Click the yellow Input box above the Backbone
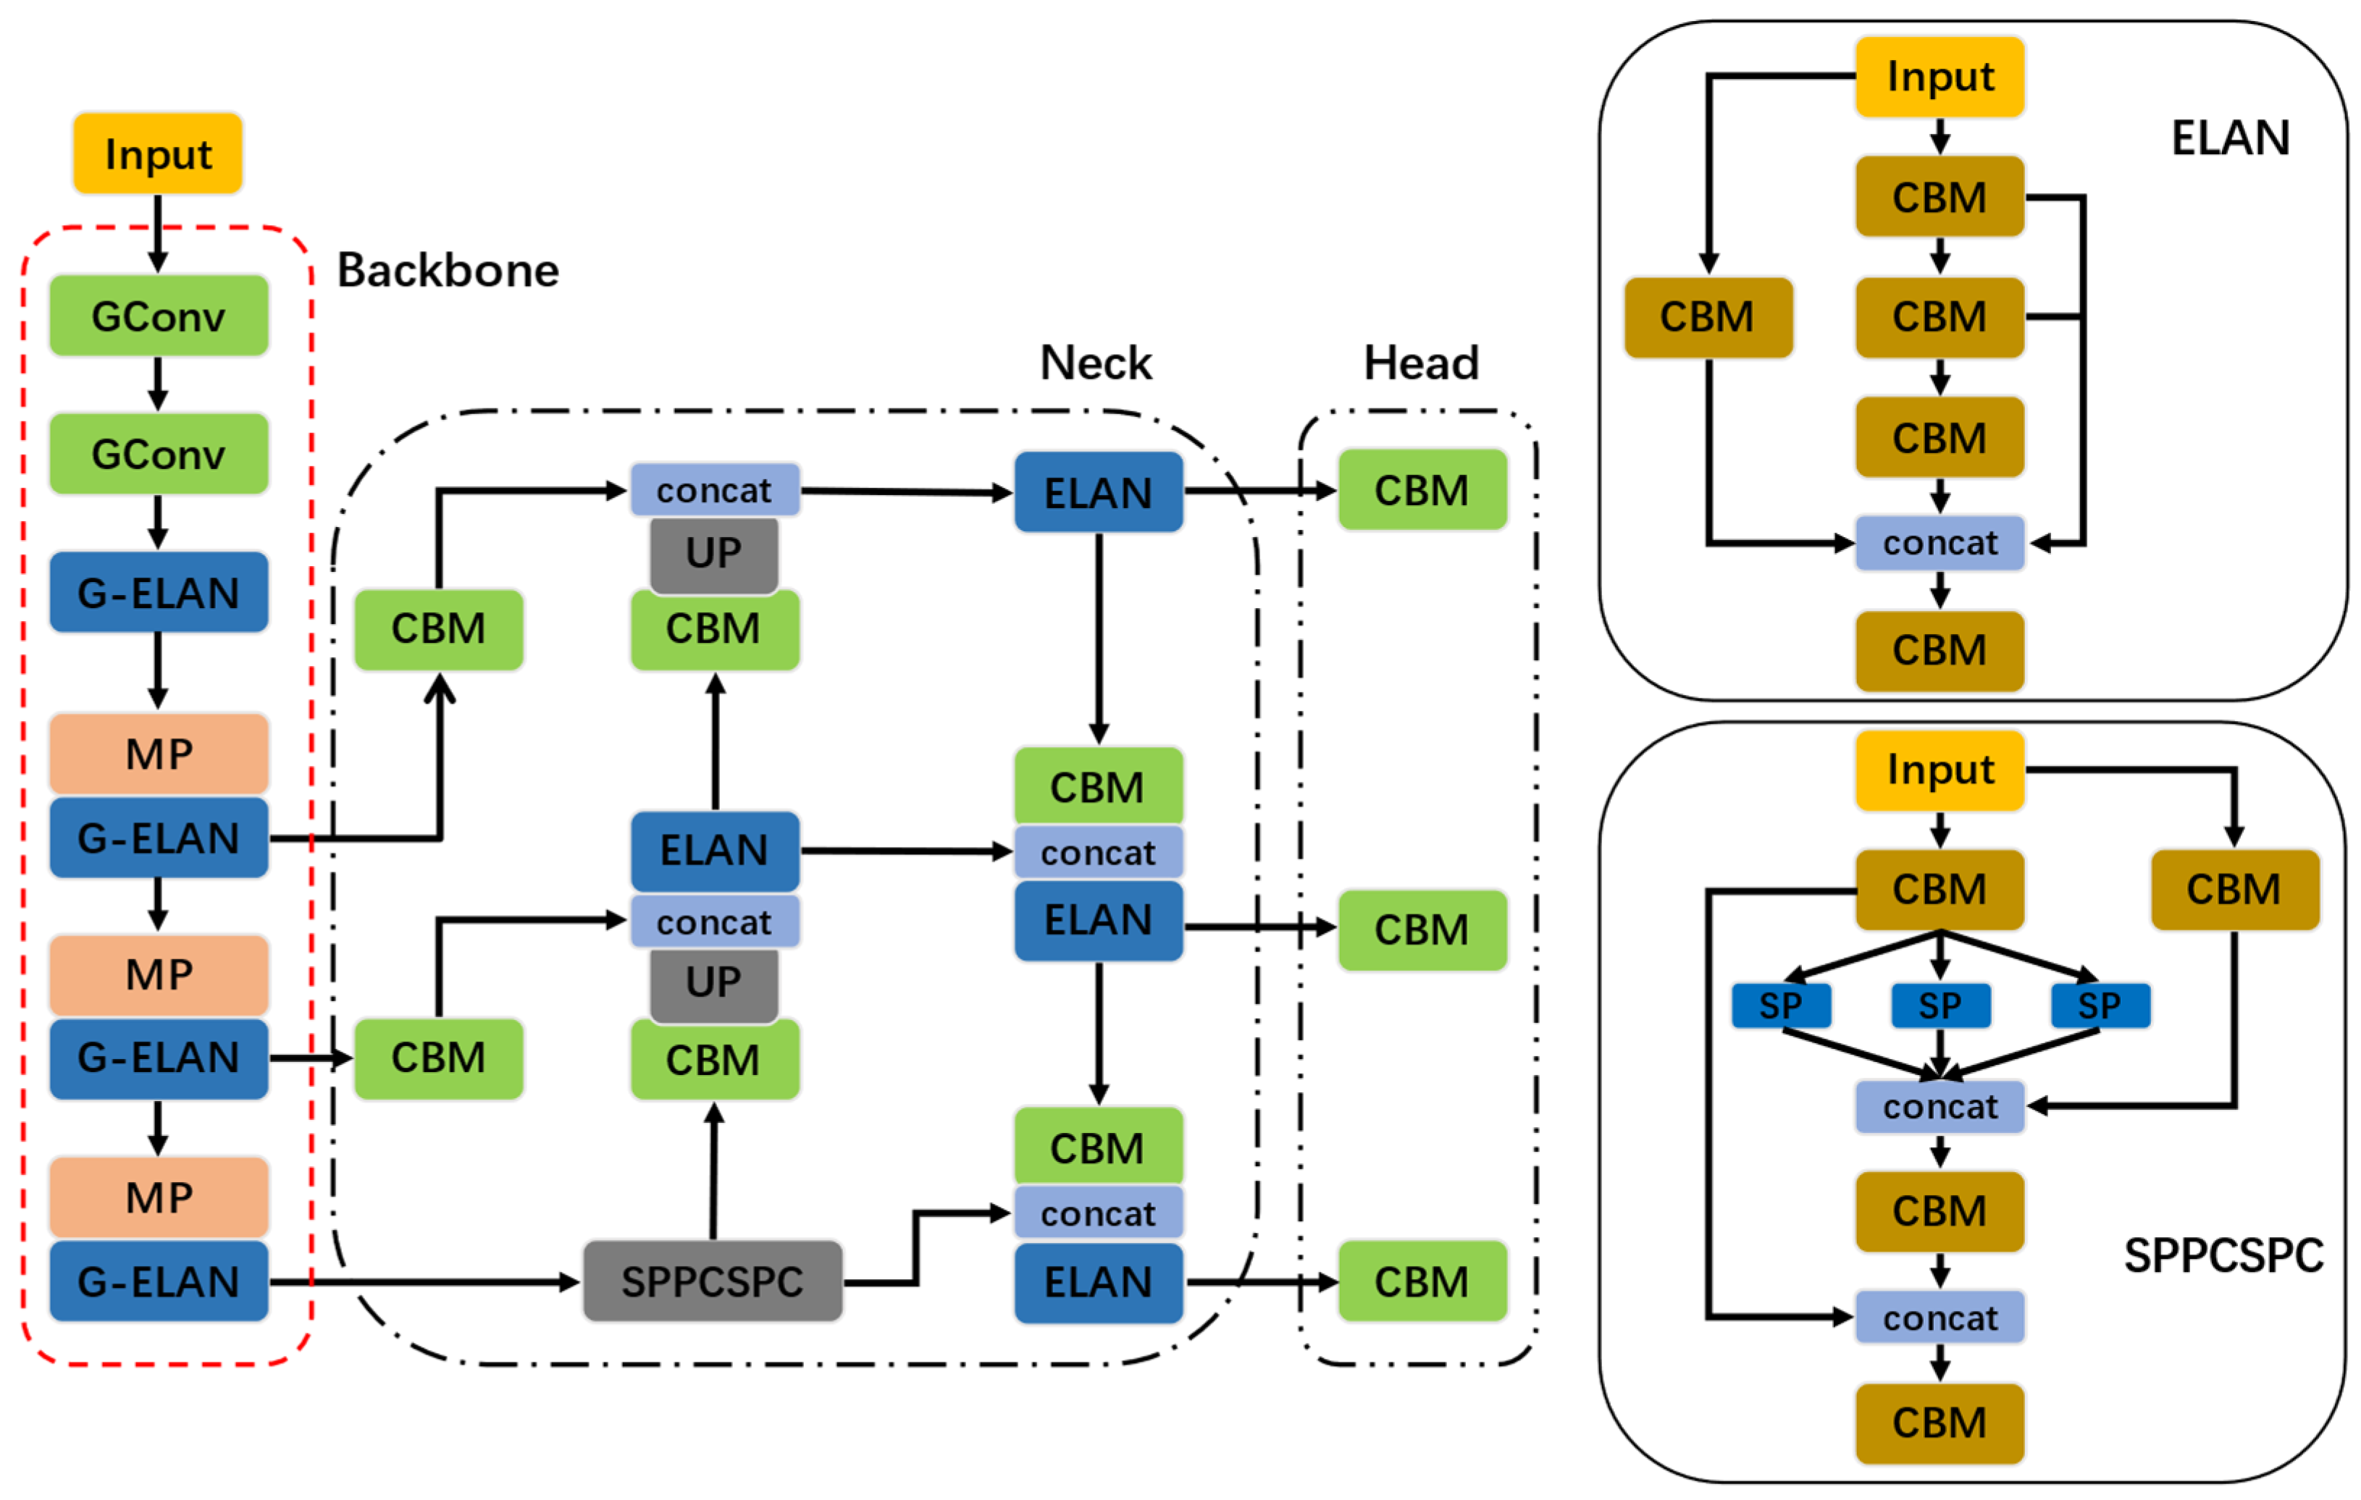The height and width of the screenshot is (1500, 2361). (x=158, y=154)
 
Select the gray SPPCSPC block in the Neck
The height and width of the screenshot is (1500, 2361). (x=713, y=1281)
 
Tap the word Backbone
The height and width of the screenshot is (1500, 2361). (x=448, y=271)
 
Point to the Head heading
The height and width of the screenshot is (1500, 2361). (x=1421, y=363)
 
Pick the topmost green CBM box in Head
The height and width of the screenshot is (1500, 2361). (x=1422, y=490)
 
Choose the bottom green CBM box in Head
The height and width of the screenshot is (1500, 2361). (x=1422, y=1281)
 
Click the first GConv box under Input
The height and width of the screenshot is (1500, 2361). (x=159, y=316)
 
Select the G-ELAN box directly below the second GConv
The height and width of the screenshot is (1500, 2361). (x=159, y=592)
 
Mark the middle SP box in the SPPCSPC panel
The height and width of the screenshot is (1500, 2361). (x=1939, y=1006)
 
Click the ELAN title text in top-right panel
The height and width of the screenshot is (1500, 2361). (x=2230, y=138)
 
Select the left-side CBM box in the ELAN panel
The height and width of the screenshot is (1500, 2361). (x=1708, y=316)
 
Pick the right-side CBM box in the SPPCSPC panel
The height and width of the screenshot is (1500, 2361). (x=2234, y=889)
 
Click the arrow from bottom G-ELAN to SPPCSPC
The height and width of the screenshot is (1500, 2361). (x=422, y=1281)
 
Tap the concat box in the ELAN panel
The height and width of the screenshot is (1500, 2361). (x=1939, y=542)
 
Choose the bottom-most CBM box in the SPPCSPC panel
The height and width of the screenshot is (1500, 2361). (x=1939, y=1423)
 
